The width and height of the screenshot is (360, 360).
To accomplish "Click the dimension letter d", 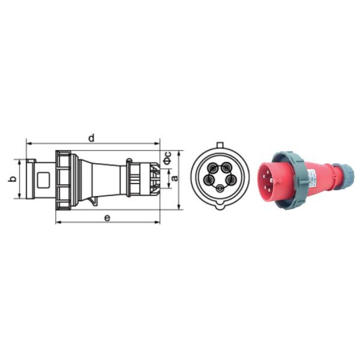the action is click(91, 138).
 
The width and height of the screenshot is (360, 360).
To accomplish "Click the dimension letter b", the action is click(13, 178).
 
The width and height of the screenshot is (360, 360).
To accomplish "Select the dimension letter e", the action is click(107, 217).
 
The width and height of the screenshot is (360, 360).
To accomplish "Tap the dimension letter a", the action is click(175, 178).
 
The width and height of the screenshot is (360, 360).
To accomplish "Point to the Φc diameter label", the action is click(168, 158).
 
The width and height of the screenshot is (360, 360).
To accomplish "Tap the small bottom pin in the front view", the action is click(220, 189).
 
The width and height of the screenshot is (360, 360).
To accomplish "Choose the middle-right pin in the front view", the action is click(230, 180).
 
